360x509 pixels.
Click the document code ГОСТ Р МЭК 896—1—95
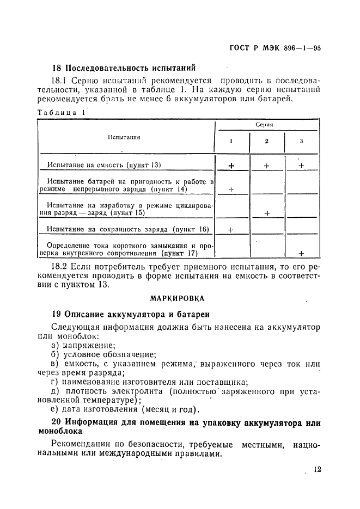tap(272, 47)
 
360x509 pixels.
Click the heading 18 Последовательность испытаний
tap(123, 69)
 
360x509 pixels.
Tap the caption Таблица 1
tap(60, 113)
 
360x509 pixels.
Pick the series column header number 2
tap(266, 142)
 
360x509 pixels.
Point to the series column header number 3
tap(301, 142)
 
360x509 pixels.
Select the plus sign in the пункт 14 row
tap(231, 189)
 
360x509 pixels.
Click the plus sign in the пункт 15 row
tap(267, 213)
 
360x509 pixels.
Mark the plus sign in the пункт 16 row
tap(231, 230)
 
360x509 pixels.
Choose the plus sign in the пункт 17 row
tap(301, 253)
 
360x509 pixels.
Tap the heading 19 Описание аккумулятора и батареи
tap(130, 315)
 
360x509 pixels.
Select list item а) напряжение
tap(83, 346)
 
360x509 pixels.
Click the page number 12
tap(318, 470)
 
